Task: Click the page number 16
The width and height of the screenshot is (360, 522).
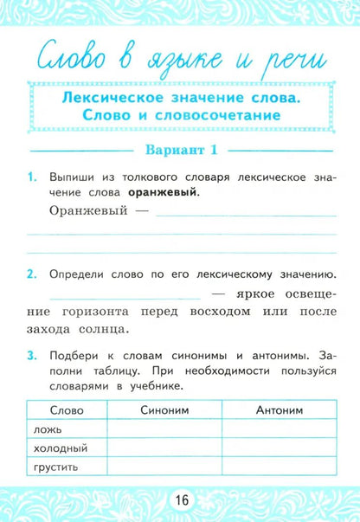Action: (181, 501)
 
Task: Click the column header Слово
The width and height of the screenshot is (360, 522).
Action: (67, 410)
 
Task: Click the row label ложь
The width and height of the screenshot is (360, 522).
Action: (47, 429)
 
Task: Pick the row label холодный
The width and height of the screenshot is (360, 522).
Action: (59, 448)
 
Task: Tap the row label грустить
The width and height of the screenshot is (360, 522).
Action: (57, 467)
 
